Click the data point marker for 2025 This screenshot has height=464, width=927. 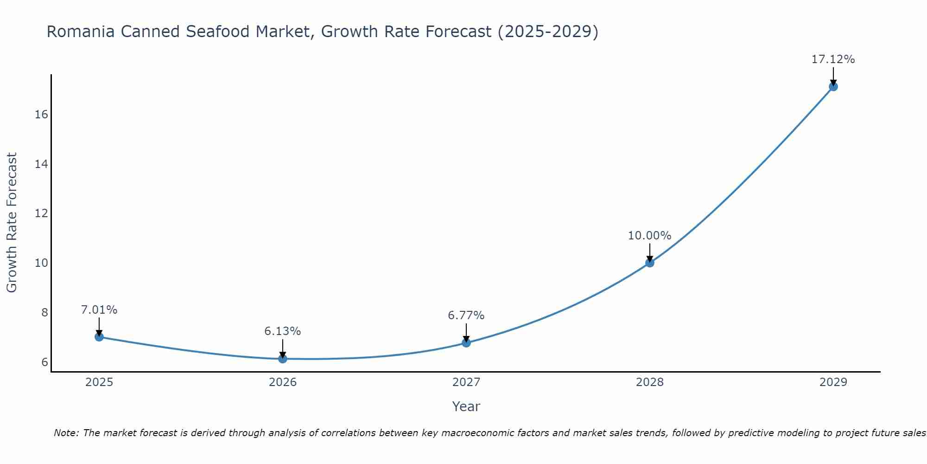click(99, 337)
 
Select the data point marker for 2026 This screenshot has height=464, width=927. click(283, 359)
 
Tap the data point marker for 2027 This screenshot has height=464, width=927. click(466, 343)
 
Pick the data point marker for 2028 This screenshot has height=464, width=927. click(650, 263)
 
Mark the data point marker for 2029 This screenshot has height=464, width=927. click(833, 86)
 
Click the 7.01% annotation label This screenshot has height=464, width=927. click(99, 310)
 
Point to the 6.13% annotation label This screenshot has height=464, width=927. click(283, 331)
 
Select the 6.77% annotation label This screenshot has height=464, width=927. click(466, 316)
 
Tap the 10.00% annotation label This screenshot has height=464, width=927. click(650, 236)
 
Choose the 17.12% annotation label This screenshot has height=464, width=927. click(833, 59)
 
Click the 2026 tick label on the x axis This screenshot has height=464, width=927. click(283, 382)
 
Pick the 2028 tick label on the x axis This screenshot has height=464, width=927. click(650, 382)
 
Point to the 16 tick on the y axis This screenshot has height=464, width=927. click(41, 115)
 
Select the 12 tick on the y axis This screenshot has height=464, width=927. click(41, 213)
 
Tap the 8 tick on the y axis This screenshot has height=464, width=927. click(44, 312)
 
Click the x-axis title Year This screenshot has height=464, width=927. click(466, 406)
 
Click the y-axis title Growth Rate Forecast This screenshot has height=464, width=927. click(12, 223)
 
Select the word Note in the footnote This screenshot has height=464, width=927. click(66, 433)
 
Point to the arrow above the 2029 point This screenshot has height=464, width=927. click(833, 76)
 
